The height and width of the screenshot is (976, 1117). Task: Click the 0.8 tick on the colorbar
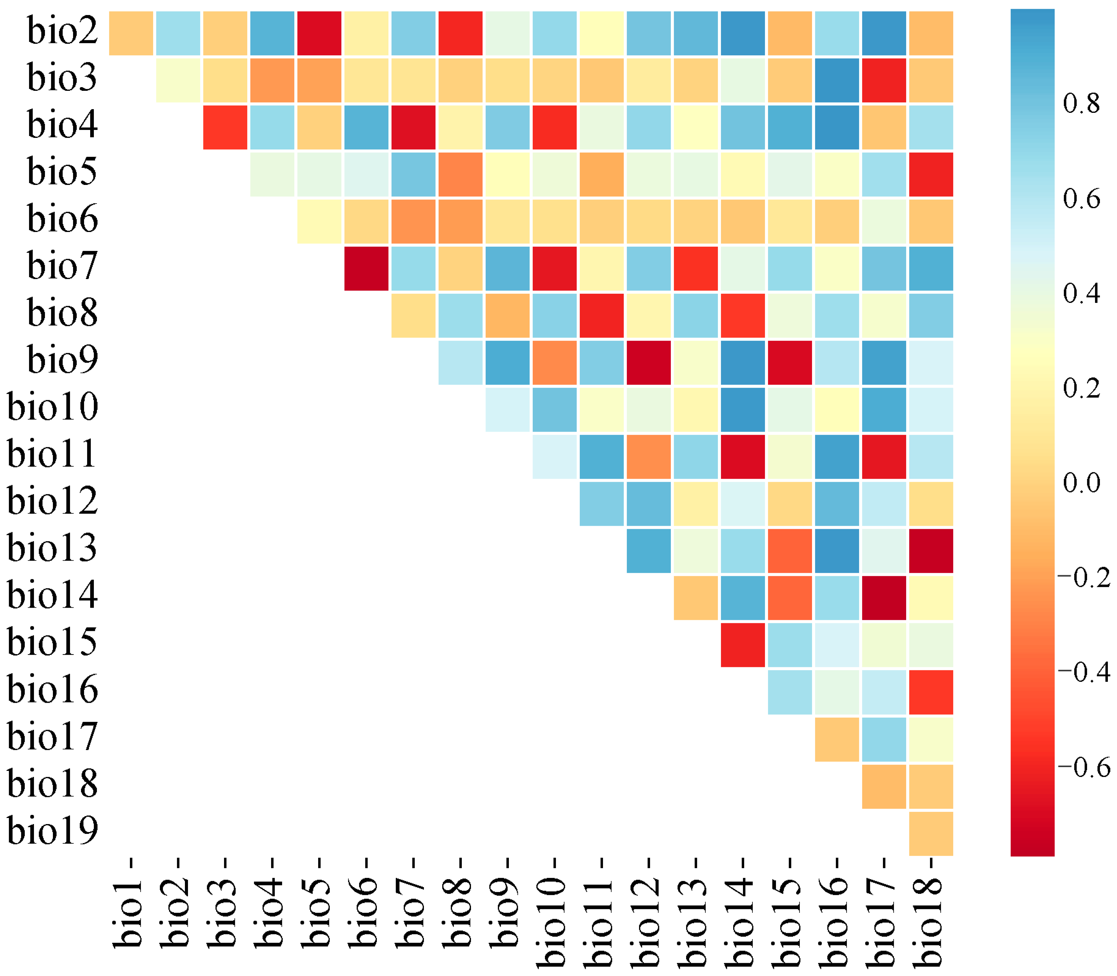pyautogui.click(x=1081, y=104)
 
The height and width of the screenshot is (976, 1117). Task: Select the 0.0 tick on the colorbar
pyautogui.click(x=1081, y=483)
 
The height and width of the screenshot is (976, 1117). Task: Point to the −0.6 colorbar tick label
pyautogui.click(x=1084, y=768)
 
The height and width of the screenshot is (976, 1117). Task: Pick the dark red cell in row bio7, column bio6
pyautogui.click(x=366, y=268)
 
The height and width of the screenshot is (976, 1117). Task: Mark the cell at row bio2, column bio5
pyautogui.click(x=319, y=33)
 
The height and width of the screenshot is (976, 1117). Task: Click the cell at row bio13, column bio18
pyautogui.click(x=931, y=551)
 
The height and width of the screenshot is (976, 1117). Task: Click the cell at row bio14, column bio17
pyautogui.click(x=884, y=598)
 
